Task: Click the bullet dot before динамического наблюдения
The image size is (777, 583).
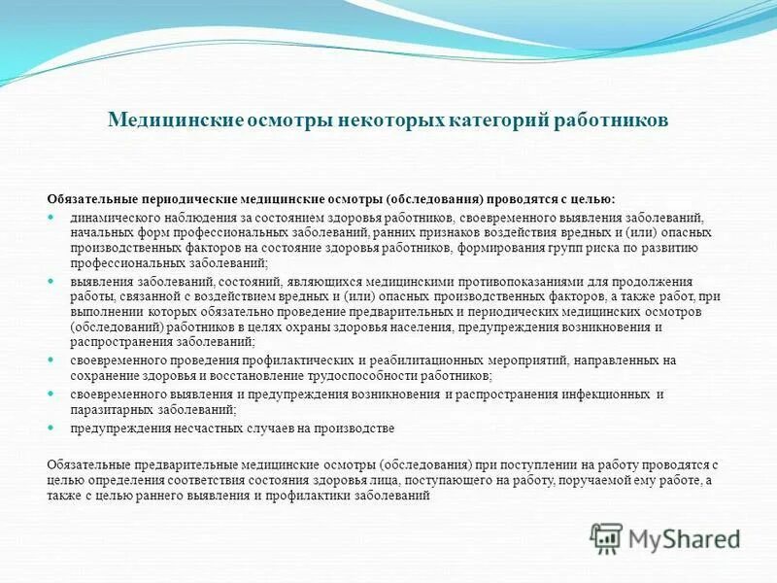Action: click(x=53, y=219)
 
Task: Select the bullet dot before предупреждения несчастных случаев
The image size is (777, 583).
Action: click(x=53, y=427)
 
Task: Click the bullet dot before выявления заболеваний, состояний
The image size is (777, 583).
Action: click(x=53, y=281)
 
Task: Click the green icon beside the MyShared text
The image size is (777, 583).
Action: click(x=607, y=536)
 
